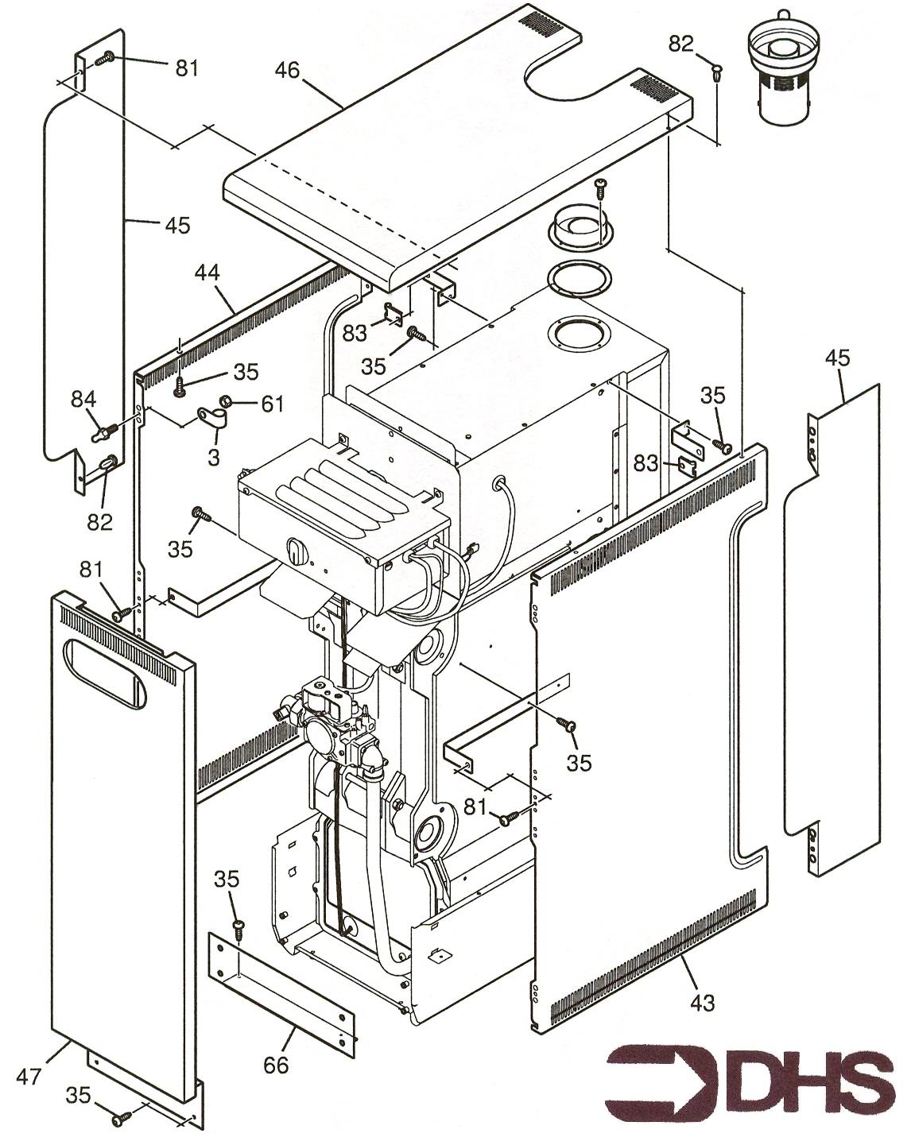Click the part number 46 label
(287, 70)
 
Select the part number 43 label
(702, 1003)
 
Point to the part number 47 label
(29, 1077)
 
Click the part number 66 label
(276, 1064)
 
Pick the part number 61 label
(273, 404)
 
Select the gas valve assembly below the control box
(331, 719)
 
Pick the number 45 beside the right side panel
(837, 358)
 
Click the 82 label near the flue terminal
(681, 44)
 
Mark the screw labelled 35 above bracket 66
(237, 926)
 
